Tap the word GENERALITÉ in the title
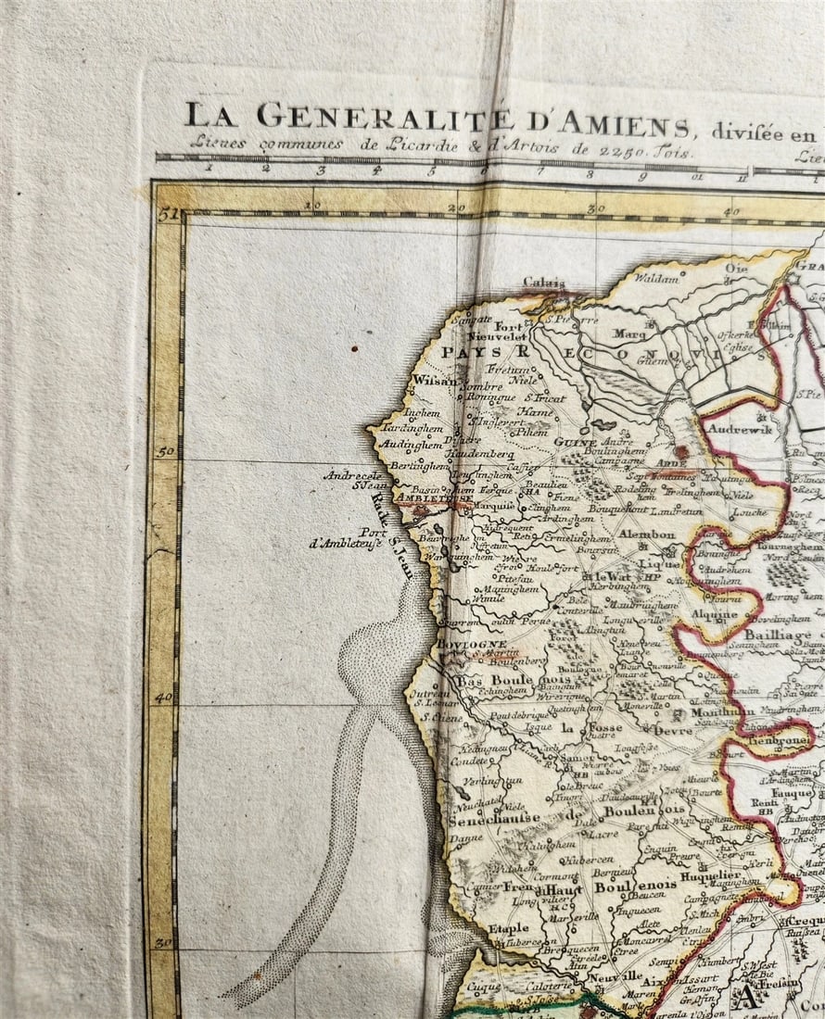[x=385, y=118]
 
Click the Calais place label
[x=543, y=283]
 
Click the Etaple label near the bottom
[x=508, y=927]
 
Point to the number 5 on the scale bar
[x=431, y=170]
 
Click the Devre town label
[x=672, y=729]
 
